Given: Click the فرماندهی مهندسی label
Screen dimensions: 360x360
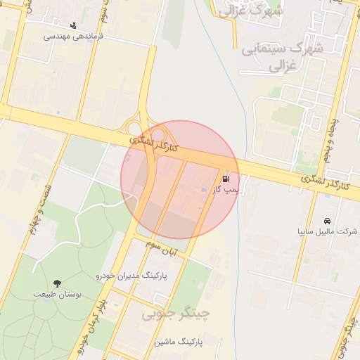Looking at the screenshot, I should coord(74,36).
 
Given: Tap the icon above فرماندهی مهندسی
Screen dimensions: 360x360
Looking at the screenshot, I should coord(73,25).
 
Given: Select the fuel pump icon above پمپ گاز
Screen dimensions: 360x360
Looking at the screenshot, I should coord(226,179).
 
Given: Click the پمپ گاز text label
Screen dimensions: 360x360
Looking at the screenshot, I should coord(227,190).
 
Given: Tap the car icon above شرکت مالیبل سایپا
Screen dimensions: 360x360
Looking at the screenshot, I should coord(328,219).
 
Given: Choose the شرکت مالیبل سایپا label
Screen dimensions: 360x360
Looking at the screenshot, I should coord(327,231).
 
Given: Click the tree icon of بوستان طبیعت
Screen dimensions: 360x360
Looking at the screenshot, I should coord(55,283).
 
